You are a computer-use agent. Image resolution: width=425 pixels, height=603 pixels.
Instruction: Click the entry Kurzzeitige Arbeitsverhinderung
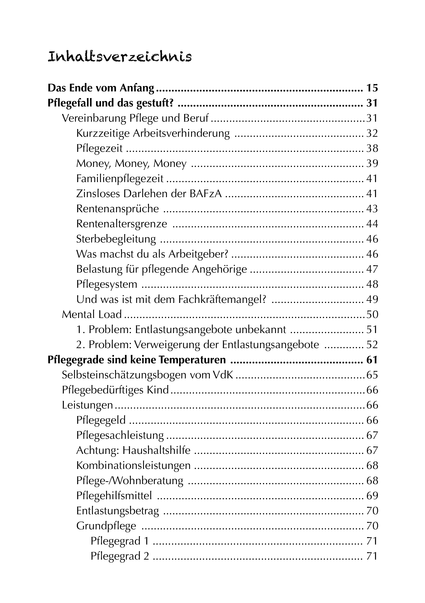(153, 133)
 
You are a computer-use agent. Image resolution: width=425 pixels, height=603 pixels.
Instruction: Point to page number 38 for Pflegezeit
(372, 149)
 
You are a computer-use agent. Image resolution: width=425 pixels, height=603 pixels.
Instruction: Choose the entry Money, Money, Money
(131, 164)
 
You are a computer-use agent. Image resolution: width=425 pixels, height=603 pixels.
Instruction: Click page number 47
(372, 269)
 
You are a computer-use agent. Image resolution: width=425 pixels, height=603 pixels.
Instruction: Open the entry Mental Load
(92, 315)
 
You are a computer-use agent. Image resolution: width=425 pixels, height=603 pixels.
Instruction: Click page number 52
(372, 345)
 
